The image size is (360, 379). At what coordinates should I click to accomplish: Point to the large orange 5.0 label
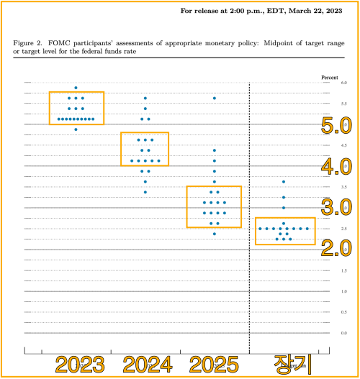(336, 127)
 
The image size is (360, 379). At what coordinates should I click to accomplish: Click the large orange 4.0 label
(336, 168)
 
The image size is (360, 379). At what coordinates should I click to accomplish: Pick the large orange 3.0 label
(336, 209)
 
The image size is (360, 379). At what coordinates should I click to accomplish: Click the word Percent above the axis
(328, 76)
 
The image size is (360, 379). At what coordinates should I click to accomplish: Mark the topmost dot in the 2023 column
(76, 88)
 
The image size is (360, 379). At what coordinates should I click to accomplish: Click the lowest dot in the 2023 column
(76, 129)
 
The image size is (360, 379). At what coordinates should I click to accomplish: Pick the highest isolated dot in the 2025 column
(214, 98)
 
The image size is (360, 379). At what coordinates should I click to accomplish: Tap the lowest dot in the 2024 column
(145, 192)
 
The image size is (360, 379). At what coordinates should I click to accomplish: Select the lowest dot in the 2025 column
(214, 234)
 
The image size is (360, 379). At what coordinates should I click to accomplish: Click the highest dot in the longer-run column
(284, 182)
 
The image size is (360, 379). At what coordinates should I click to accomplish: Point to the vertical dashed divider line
(249, 216)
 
